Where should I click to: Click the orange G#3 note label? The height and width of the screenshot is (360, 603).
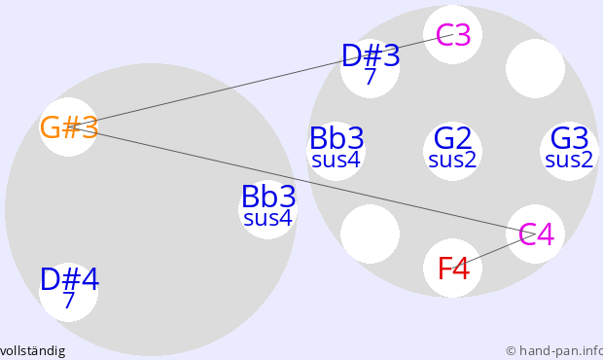69,127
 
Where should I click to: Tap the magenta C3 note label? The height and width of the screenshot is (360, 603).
453,35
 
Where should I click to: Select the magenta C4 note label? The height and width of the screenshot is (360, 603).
537,234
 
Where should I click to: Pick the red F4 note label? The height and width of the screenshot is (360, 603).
454,269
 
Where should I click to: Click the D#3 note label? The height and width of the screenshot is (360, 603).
371,55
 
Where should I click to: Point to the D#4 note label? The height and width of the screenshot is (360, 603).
69,279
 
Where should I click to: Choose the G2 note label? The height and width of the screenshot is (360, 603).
452,138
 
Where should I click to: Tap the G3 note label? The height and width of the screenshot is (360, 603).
570,138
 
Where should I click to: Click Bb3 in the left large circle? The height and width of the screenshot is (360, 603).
268,197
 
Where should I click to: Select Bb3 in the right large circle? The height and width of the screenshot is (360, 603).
337,138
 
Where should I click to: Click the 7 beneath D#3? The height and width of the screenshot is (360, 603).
370,77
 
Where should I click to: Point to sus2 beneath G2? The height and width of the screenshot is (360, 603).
452,160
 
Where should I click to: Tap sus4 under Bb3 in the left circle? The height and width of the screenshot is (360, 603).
268,218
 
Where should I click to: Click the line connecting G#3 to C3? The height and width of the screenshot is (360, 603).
261,81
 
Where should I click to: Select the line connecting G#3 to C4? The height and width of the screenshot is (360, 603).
302,180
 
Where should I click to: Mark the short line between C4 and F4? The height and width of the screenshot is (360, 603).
494,251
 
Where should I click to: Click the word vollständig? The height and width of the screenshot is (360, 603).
32,351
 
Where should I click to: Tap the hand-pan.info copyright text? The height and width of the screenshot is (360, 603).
554,351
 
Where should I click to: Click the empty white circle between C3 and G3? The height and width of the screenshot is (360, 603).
535,68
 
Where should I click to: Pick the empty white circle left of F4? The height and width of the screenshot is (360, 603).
370,234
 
